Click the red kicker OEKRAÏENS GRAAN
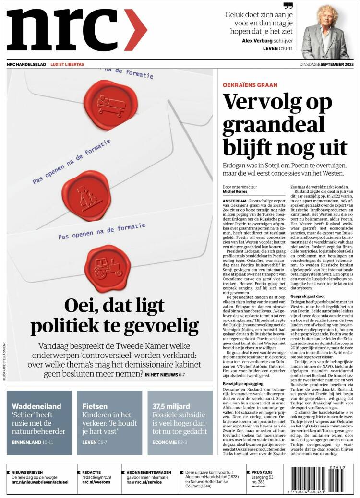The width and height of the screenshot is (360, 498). (250, 84)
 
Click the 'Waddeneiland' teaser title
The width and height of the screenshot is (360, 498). (36, 406)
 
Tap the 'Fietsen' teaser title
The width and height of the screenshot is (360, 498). (95, 406)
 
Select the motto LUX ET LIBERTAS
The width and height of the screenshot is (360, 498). (68, 64)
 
